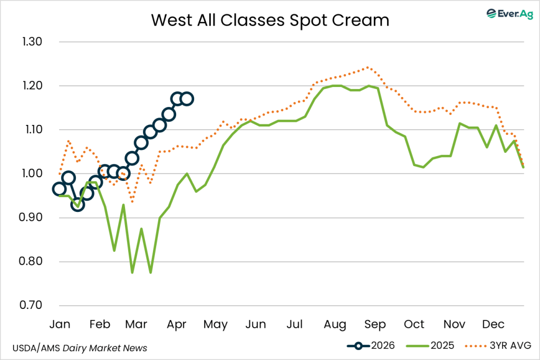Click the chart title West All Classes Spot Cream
coord(270,20)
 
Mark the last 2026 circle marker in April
coord(187,99)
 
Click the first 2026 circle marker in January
coord(60,189)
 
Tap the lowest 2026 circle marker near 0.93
coord(78,205)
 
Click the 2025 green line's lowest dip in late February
coord(132,273)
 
